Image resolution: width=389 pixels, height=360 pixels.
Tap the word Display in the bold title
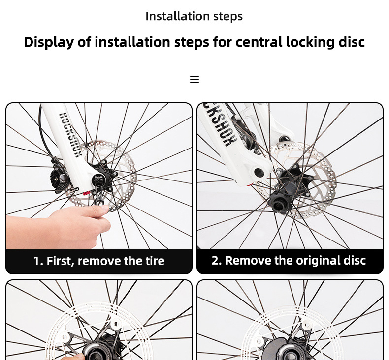49,42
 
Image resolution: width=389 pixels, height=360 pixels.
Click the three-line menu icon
194,79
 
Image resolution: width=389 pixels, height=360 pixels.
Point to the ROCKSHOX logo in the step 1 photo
70,135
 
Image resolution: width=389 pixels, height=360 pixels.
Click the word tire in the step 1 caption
155,261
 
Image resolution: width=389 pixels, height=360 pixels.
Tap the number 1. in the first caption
38,261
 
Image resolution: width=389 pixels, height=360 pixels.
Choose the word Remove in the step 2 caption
248,260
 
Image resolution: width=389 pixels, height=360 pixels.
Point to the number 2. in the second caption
217,260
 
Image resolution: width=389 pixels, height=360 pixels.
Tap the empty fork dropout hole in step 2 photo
259,173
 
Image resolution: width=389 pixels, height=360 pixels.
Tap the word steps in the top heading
228,17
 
